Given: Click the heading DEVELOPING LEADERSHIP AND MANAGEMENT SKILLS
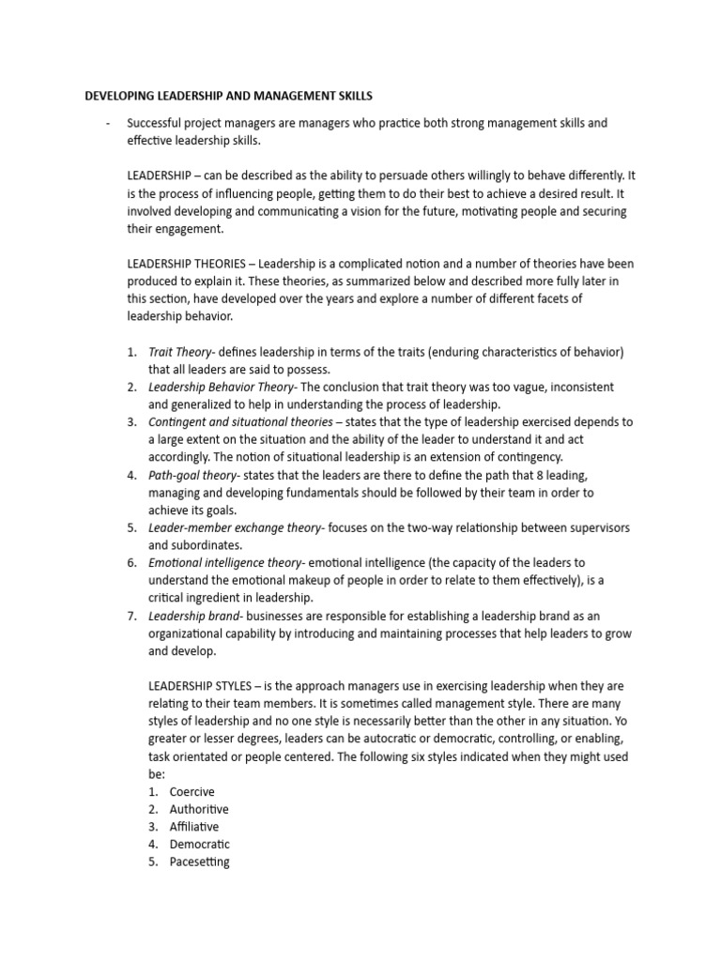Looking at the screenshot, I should (x=228, y=95).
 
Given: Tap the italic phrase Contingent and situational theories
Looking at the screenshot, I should (x=240, y=421).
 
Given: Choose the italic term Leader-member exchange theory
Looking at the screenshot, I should (x=235, y=527).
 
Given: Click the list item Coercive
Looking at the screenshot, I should (x=192, y=791).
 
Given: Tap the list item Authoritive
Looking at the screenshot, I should (x=199, y=809).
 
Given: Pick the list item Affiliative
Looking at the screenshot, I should (x=194, y=827).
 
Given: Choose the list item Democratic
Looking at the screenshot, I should (x=199, y=844).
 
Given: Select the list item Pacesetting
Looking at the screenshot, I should (x=199, y=862).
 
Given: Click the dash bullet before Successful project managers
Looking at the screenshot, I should (x=109, y=123).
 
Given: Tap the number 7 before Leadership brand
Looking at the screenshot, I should (x=131, y=616).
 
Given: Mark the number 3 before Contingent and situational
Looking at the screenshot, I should (x=131, y=421).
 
